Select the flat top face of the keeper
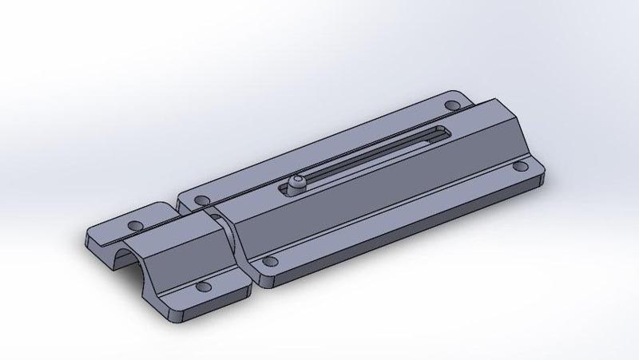172,231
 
